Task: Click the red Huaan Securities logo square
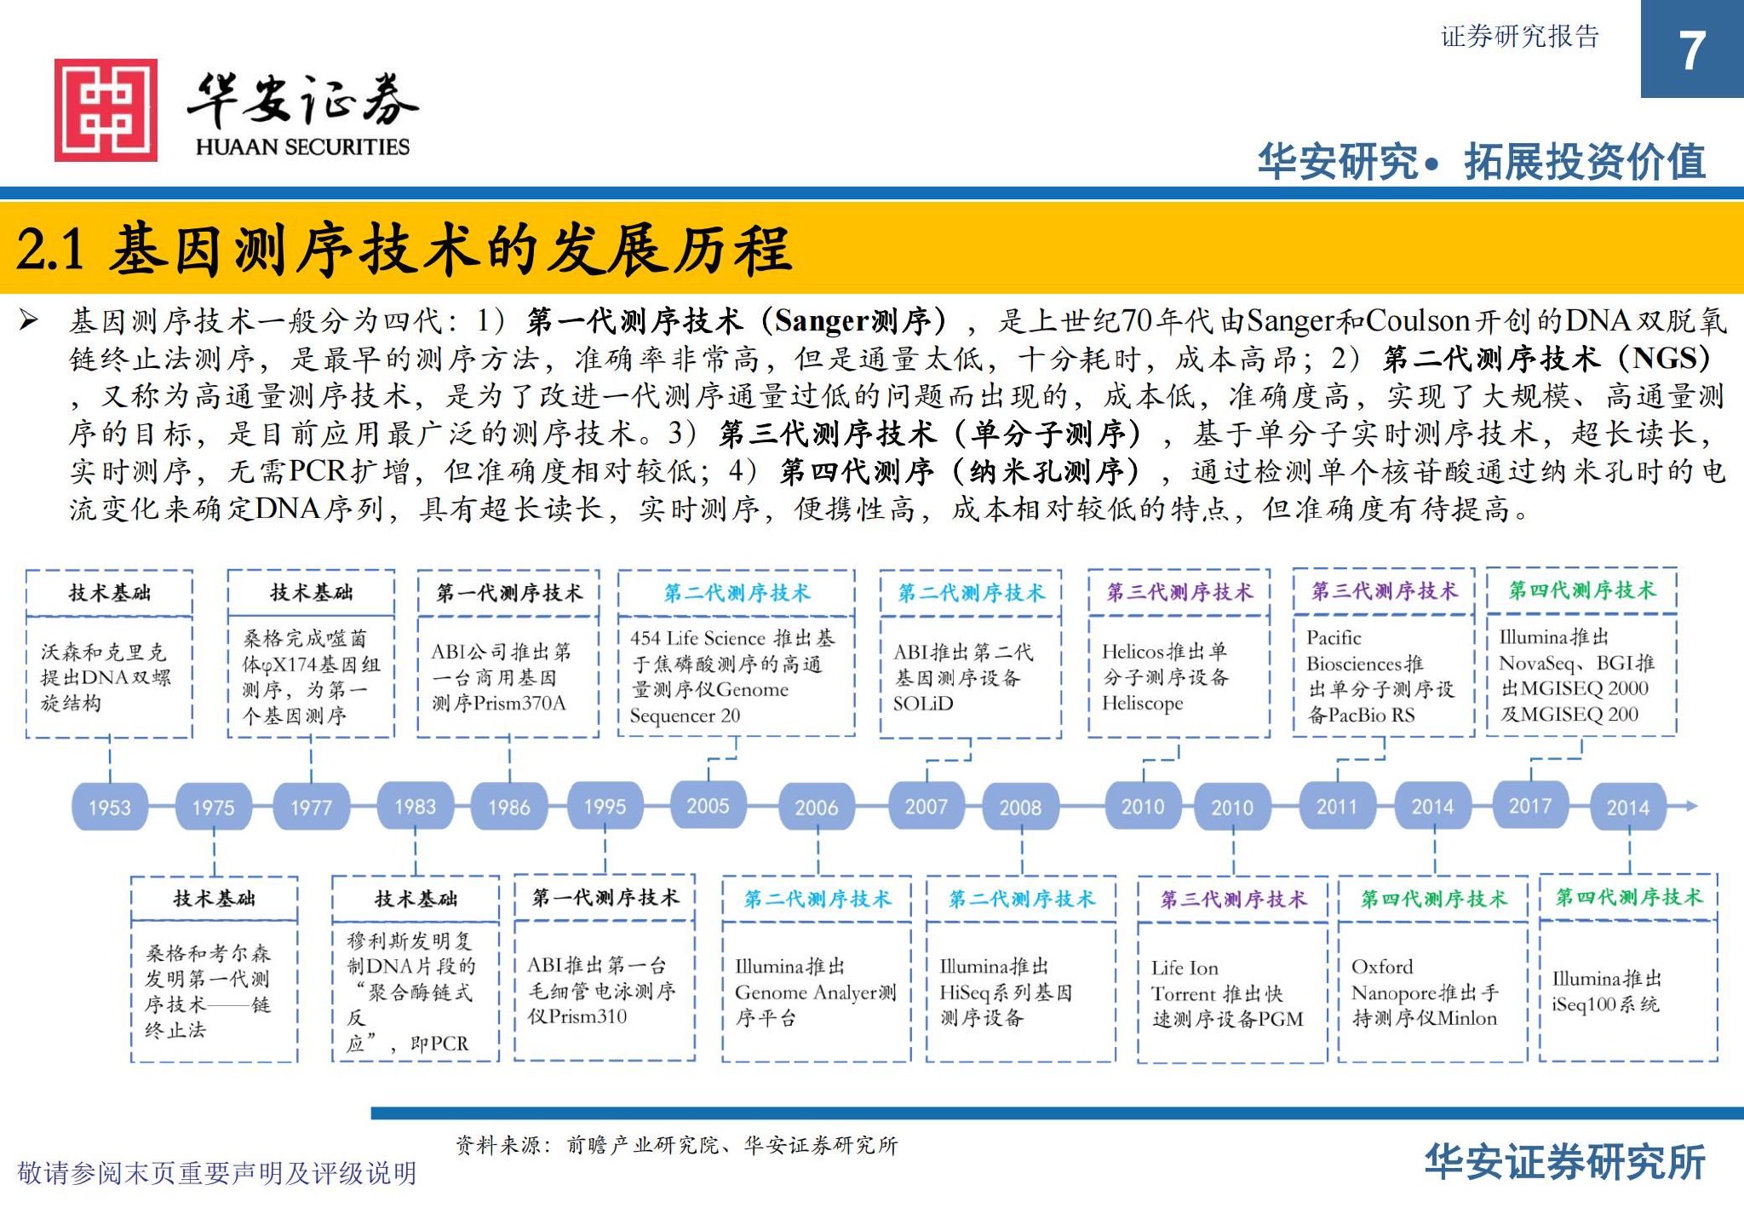click(106, 110)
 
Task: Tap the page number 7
click(1691, 50)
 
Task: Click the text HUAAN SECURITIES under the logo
click(302, 147)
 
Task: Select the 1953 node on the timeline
click(110, 807)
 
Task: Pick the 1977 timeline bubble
click(311, 807)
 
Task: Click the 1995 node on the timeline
click(605, 807)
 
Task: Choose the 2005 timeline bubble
click(708, 806)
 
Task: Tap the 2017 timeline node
click(1529, 806)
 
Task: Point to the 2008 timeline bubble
click(1020, 807)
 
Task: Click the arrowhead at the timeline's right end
click(1690, 806)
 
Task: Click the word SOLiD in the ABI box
click(923, 704)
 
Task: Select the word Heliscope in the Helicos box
click(1142, 704)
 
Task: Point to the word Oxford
click(1381, 967)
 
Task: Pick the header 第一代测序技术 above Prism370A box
click(509, 593)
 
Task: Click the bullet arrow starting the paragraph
click(29, 321)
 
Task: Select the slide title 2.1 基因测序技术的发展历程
click(404, 250)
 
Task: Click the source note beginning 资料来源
click(676, 1145)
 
